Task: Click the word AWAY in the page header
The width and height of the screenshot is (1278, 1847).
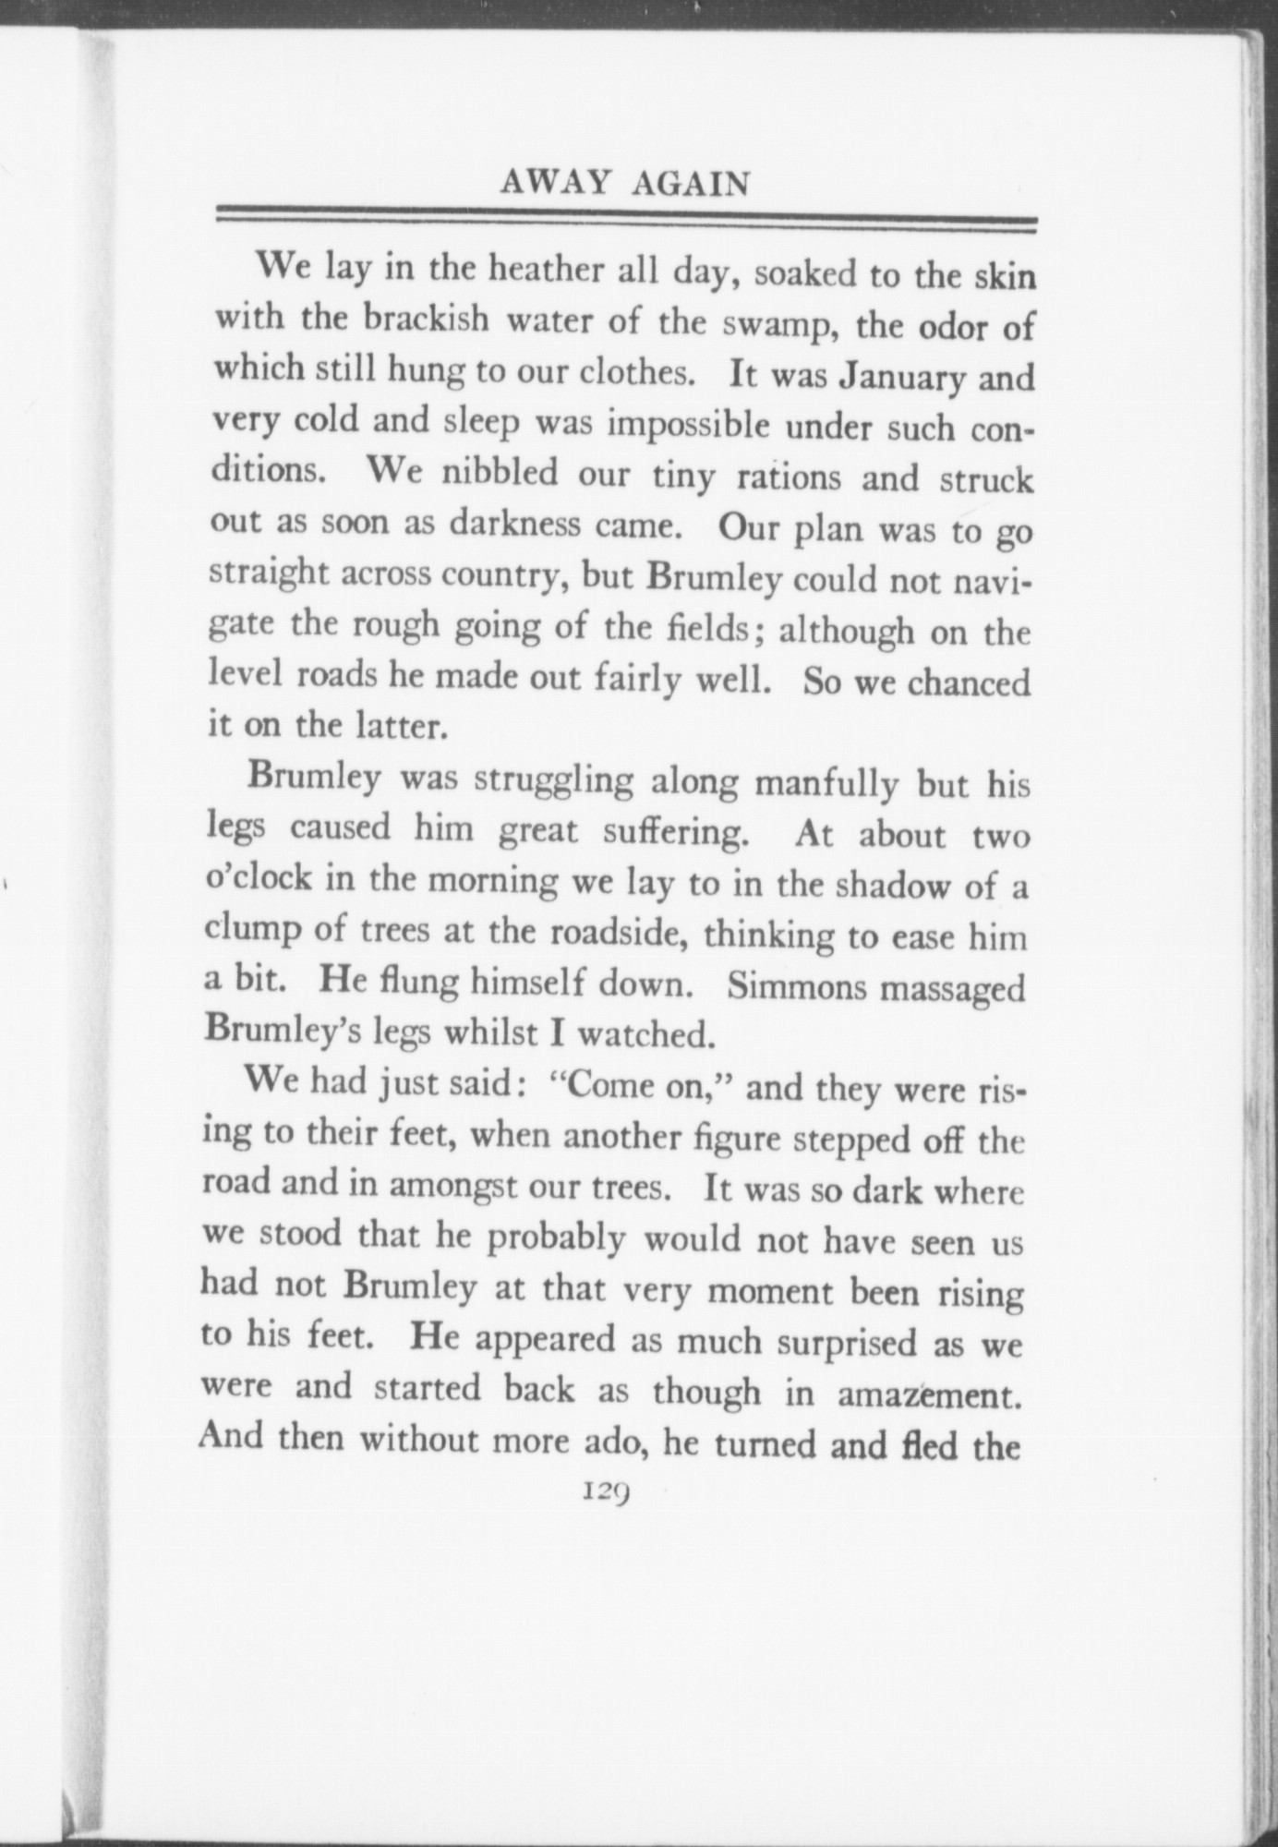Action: pyautogui.click(x=557, y=184)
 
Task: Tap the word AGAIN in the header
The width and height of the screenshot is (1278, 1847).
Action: pyautogui.click(x=690, y=185)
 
